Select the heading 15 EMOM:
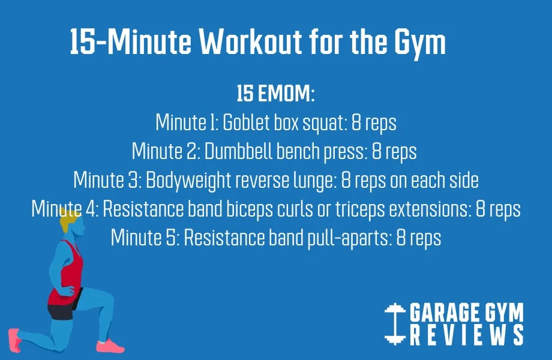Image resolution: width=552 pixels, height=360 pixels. pyautogui.click(x=276, y=95)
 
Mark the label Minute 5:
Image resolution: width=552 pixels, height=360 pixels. pyautogui.click(x=145, y=238)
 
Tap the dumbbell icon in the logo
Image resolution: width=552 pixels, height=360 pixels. pyautogui.click(x=394, y=325)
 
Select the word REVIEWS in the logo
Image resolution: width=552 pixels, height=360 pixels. pyautogui.click(x=467, y=336)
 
